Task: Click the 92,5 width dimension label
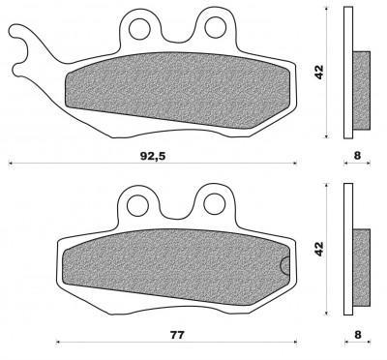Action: click(x=153, y=156)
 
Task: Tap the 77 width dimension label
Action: click(x=177, y=335)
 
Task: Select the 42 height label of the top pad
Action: click(x=319, y=72)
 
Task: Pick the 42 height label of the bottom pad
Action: click(x=319, y=249)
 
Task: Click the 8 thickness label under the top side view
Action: click(x=357, y=156)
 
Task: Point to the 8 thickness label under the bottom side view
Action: click(x=357, y=335)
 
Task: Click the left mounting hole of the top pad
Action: click(x=139, y=29)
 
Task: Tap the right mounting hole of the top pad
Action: click(x=215, y=27)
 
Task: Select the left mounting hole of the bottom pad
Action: click(x=138, y=205)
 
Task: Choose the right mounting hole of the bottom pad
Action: click(x=214, y=204)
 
